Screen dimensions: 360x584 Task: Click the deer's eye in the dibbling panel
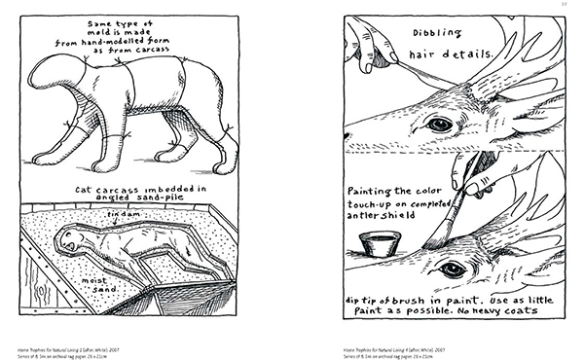441,124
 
